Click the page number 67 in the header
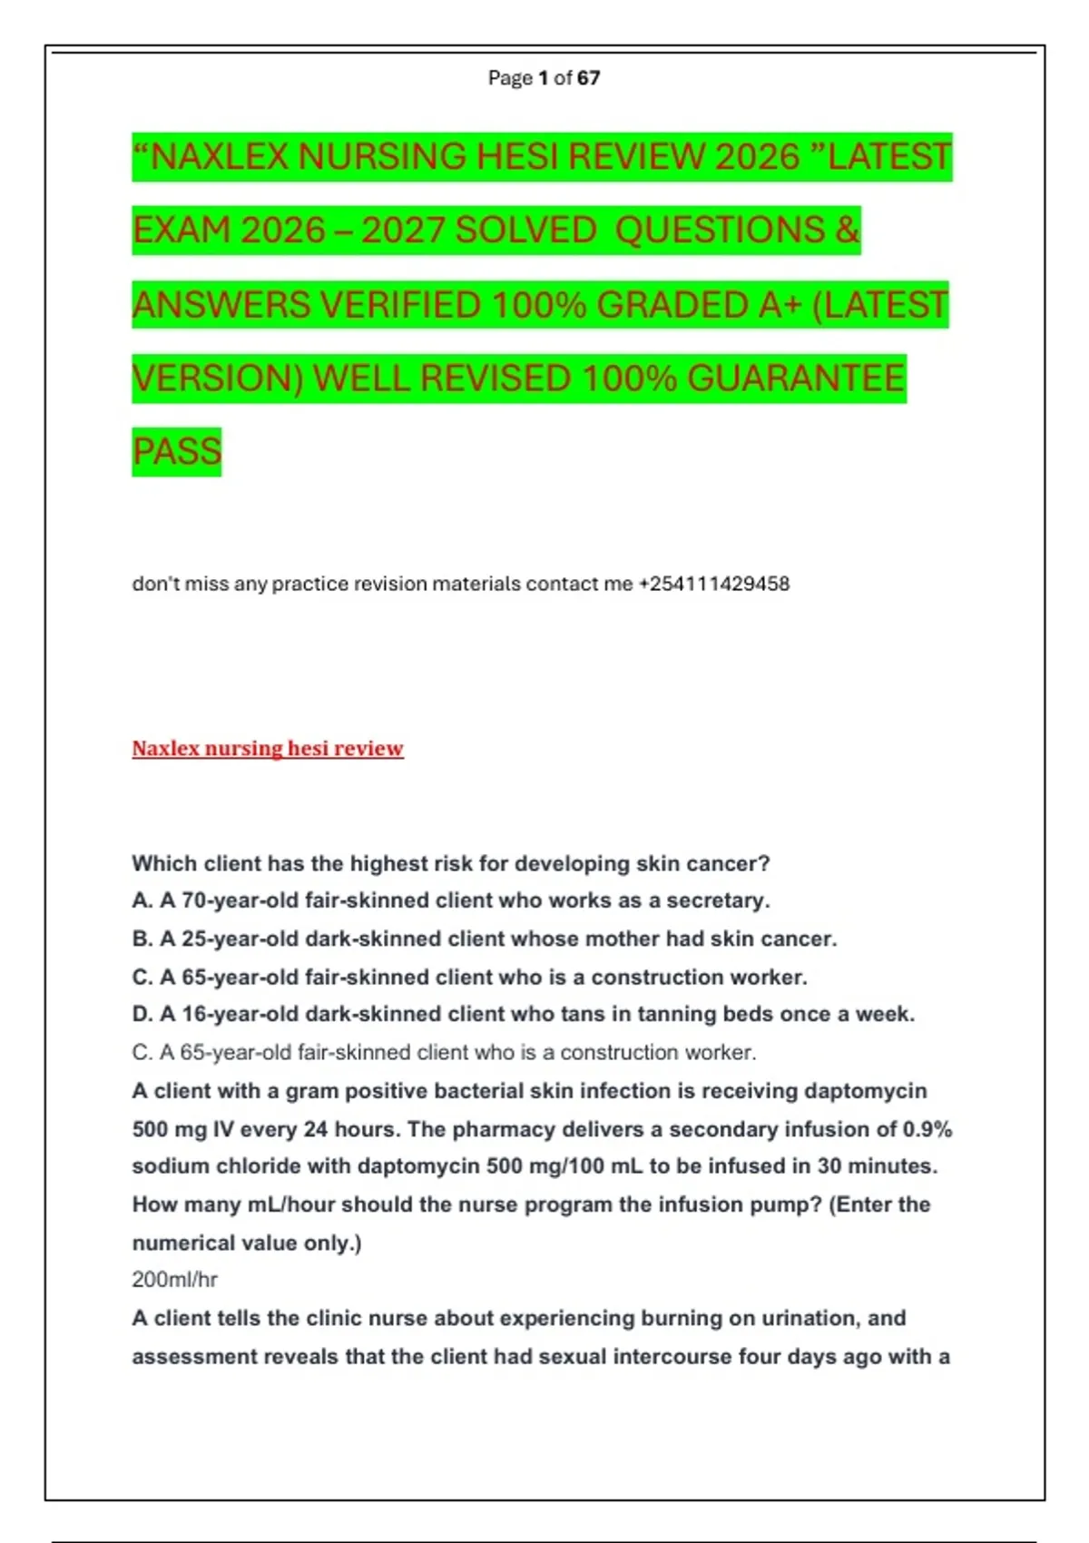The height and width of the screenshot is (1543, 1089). tap(588, 78)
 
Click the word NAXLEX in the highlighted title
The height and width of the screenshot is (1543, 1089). tap(219, 157)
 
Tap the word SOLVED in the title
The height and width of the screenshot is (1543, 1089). tap(525, 231)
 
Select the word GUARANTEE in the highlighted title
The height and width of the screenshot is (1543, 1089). tap(796, 378)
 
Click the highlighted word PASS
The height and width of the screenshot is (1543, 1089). tap(177, 452)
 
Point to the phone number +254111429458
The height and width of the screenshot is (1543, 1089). tap(714, 584)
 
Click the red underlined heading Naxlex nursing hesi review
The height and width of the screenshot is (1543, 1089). tap(268, 749)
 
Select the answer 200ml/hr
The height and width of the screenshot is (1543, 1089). tap(174, 1280)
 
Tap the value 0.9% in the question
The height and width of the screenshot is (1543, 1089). tap(927, 1129)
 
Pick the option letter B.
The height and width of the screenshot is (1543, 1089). tap(142, 939)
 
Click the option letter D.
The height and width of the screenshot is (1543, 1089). tap(142, 1014)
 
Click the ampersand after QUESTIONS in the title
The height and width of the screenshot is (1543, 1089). tap(847, 231)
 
